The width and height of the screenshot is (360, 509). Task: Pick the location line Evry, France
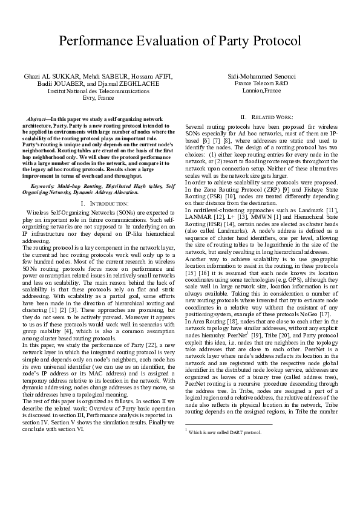click(98, 97)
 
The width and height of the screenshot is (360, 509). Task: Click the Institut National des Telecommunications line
click(98, 91)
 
